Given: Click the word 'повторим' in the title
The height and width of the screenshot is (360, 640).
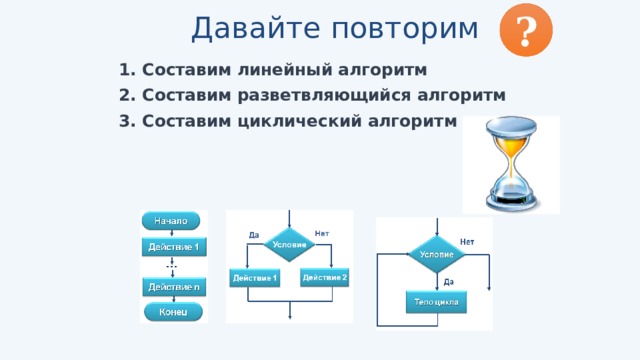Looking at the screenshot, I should coord(403,29).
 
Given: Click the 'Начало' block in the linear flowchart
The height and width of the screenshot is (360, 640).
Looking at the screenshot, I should coord(173,220).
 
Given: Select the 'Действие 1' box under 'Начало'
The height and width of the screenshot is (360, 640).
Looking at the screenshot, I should coord(173,246).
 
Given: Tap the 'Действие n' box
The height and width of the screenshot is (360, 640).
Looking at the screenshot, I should coord(173,287).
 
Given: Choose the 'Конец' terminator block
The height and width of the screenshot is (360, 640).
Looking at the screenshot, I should coord(173,312).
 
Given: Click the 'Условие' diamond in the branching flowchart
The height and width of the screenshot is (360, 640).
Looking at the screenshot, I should coord(289,245).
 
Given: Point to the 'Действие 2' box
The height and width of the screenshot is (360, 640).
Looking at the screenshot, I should coord(324,277).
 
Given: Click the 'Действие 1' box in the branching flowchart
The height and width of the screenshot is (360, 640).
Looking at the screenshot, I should coord(254,277).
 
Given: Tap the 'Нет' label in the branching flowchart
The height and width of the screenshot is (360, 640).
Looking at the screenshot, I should coord(322,233).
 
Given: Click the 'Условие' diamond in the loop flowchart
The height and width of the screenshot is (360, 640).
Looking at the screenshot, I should coord(436,255).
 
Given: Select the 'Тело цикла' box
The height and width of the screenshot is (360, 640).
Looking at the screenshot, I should coord(436,301).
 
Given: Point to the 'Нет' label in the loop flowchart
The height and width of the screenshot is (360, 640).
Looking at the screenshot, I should coord(467,242).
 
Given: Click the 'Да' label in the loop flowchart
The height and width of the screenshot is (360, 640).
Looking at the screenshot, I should coord(449,282).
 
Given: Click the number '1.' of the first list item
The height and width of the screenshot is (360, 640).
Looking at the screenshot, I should coord(126,71).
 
